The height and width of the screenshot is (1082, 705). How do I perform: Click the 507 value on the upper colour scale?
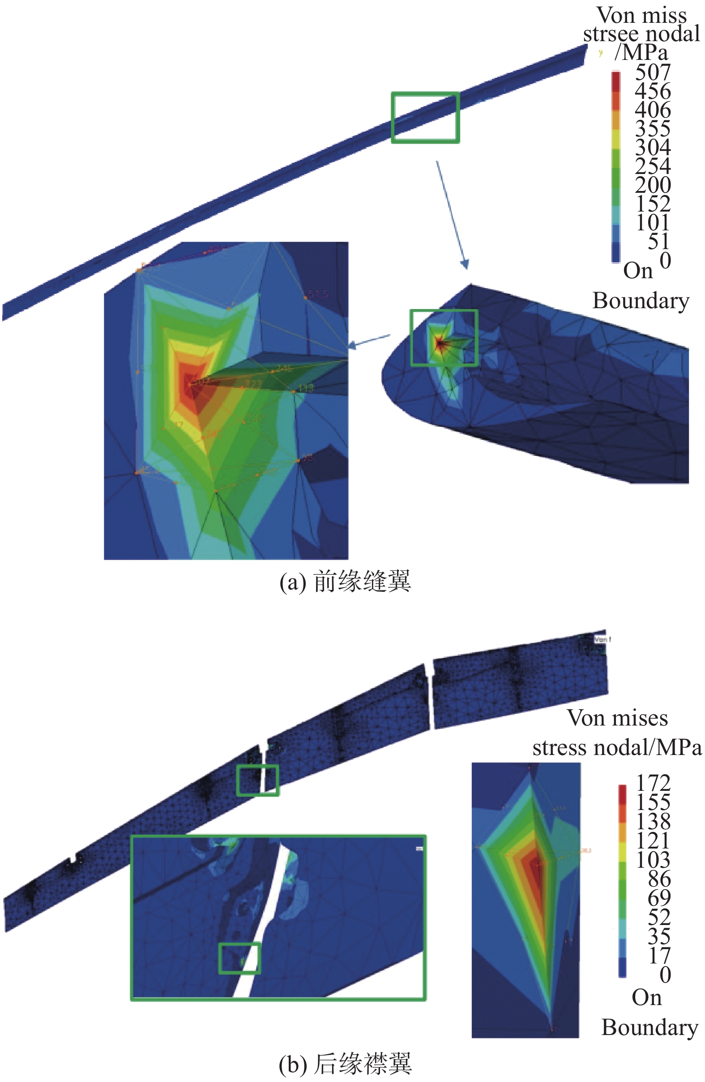pos(652,72)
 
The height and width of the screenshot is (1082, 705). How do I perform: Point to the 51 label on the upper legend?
pos(658,242)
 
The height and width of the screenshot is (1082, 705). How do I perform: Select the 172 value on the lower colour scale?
pos(652,783)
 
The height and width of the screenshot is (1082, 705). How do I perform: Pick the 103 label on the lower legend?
pos(652,859)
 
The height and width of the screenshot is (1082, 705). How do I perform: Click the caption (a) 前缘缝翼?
pos(345,581)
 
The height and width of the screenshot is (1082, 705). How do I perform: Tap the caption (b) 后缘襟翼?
pos(345,1064)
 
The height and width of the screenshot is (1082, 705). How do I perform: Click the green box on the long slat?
pos(425,117)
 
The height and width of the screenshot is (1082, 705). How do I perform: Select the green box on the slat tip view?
pos(444,337)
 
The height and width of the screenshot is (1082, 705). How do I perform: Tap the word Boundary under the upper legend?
pos(641,301)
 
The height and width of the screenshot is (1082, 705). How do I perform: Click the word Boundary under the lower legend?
pos(649,1027)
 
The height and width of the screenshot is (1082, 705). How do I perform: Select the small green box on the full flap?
pos(257,780)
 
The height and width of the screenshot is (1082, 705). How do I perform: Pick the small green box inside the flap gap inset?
pos(239,958)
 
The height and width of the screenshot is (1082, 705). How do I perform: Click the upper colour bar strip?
pos(616,166)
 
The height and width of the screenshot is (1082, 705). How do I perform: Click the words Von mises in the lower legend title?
pos(617,718)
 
